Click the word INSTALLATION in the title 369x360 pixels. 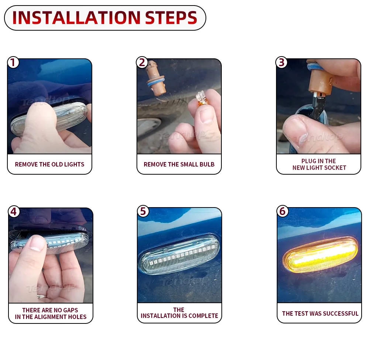pyautogui.click(x=76, y=18)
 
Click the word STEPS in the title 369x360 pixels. pyautogui.click(x=171, y=18)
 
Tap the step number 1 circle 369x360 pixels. pyautogui.click(x=13, y=62)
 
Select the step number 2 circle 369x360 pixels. pyautogui.click(x=142, y=62)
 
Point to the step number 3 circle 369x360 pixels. pyautogui.click(x=282, y=62)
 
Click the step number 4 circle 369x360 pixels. pyautogui.click(x=14, y=212)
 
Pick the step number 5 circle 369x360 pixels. pyautogui.click(x=143, y=211)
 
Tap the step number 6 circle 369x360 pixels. pyautogui.click(x=282, y=211)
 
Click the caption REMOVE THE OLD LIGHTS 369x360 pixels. pyautogui.click(x=50, y=164)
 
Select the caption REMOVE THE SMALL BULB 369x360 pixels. pyautogui.click(x=179, y=164)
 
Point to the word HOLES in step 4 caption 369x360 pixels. pyautogui.click(x=77, y=317)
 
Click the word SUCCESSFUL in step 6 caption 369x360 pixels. pyautogui.click(x=339, y=313)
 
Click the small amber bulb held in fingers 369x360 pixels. pyautogui.click(x=202, y=99)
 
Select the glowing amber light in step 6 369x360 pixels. pyautogui.click(x=321, y=255)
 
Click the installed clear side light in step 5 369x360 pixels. pyautogui.click(x=179, y=254)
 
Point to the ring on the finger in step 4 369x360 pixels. pyautogui.click(x=42, y=296)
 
